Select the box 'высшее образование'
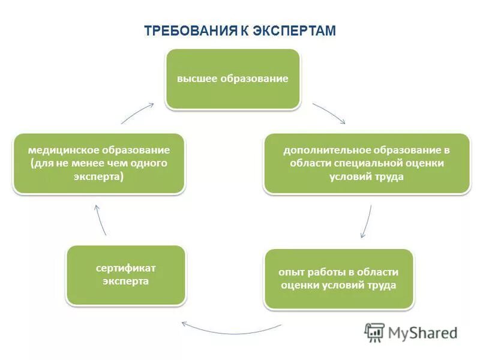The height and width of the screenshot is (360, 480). (x=232, y=79)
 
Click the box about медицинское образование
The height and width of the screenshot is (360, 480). (x=99, y=163)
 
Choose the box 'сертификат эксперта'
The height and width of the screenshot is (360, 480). (x=125, y=274)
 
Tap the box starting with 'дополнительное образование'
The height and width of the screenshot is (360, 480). (x=367, y=163)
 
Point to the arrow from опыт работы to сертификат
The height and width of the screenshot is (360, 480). (x=231, y=331)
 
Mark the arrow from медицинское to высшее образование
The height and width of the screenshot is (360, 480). (x=138, y=112)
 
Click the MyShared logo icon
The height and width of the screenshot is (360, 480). (x=375, y=332)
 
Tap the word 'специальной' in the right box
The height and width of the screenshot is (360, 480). (x=379, y=163)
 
